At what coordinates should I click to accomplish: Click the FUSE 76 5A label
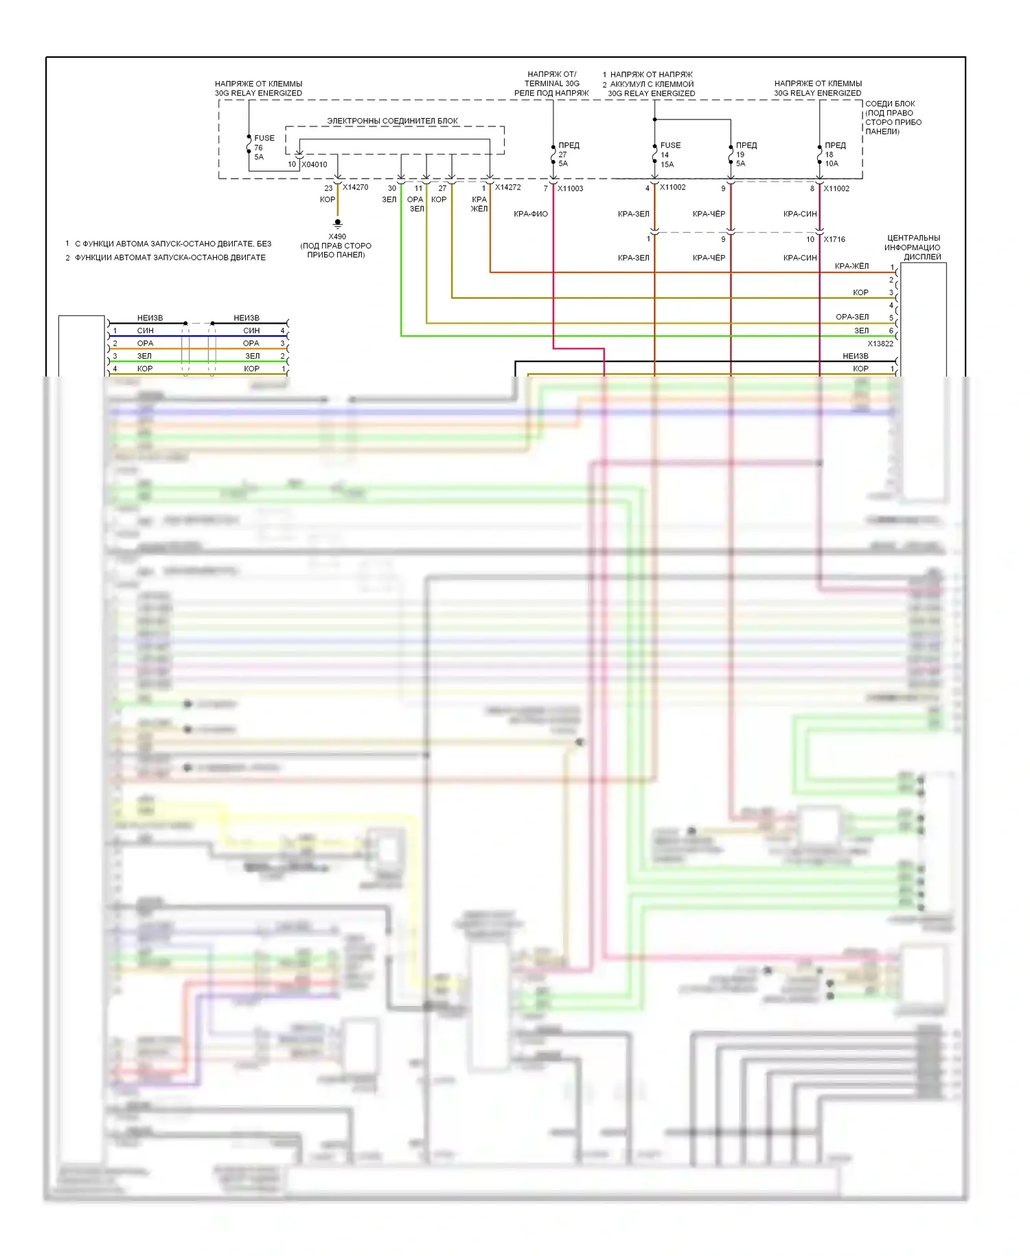(263, 148)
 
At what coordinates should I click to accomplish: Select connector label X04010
(314, 165)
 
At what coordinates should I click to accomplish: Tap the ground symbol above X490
(337, 224)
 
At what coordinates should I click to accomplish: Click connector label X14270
(356, 188)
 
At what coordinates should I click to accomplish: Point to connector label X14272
(507, 188)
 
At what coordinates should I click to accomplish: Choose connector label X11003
(570, 188)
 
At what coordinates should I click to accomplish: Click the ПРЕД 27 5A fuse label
(567, 155)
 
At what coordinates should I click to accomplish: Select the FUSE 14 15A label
(669, 155)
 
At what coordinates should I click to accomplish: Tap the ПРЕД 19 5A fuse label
(745, 155)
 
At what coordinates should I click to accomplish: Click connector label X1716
(834, 240)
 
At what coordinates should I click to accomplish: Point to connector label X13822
(880, 344)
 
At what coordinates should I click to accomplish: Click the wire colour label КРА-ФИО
(531, 214)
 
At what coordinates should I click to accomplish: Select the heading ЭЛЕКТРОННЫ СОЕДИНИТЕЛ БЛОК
(392, 121)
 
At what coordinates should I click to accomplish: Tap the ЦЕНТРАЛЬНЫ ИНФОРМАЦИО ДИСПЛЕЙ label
(913, 247)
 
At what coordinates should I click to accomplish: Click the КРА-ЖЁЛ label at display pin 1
(851, 267)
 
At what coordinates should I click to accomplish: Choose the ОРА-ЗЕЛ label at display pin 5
(852, 317)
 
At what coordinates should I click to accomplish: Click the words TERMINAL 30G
(552, 84)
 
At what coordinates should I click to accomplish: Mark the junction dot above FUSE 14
(654, 120)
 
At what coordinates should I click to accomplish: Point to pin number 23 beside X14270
(328, 188)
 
